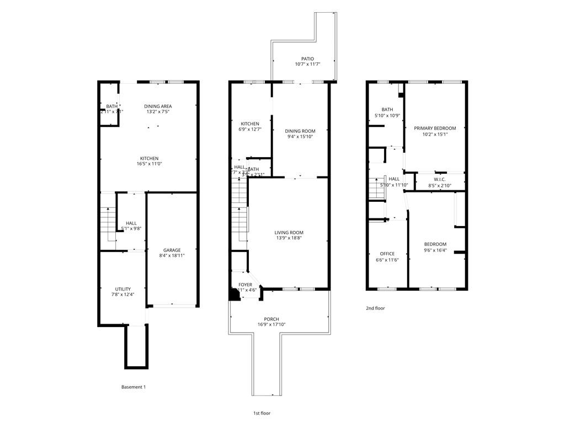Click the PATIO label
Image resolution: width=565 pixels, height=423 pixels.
[307, 58]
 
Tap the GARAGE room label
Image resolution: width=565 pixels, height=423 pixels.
[172, 250]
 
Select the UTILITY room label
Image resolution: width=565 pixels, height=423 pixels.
[122, 289]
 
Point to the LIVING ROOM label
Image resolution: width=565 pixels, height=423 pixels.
[289, 233]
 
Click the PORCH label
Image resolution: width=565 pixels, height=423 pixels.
[271, 319]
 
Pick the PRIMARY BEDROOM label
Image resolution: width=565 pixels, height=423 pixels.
[435, 128]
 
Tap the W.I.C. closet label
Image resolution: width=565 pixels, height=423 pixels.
[440, 179]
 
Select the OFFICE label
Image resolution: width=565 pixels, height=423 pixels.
[387, 254]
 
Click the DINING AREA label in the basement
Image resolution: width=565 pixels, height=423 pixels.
[158, 106]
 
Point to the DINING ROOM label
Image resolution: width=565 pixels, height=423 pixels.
[300, 131]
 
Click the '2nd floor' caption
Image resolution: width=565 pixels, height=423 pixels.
[375, 308]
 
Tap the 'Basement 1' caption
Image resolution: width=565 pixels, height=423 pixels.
[134, 387]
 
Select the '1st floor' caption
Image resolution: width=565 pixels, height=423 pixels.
[262, 413]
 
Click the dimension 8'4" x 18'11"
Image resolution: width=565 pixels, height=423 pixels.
[172, 256]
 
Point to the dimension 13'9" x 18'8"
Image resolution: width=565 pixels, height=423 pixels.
[289, 239]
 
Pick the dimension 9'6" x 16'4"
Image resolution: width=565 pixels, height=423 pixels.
[435, 250]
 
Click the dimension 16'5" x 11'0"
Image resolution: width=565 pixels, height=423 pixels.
[149, 164]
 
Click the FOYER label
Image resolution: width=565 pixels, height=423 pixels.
[246, 285]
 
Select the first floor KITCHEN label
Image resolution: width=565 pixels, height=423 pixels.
[250, 124]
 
